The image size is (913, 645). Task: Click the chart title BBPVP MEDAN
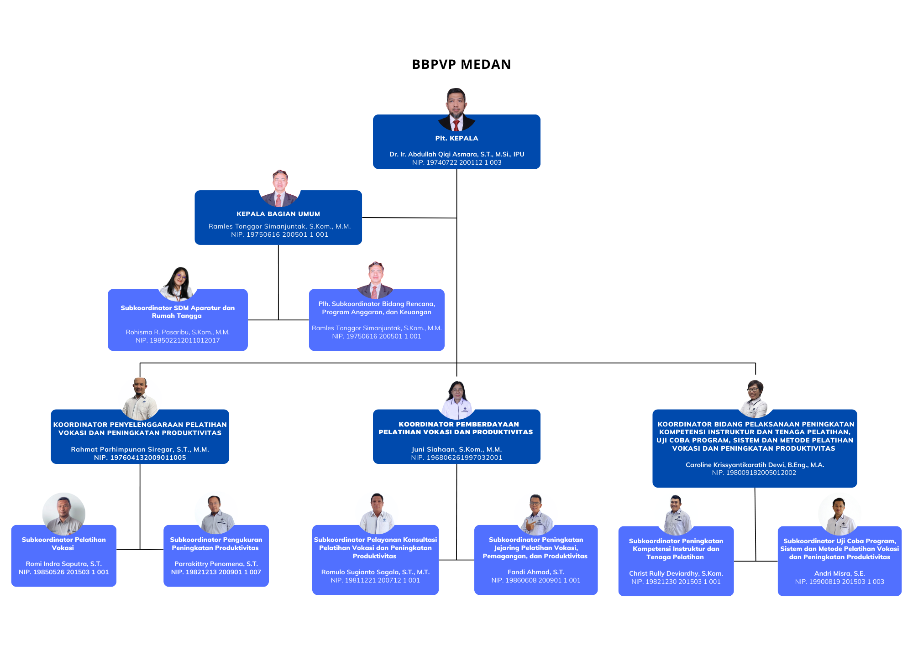point(461,64)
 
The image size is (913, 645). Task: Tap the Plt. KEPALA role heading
point(456,138)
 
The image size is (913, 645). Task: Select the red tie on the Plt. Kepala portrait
point(456,125)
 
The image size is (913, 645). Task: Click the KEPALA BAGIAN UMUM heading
point(278,214)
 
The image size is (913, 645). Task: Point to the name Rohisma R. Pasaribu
point(178,332)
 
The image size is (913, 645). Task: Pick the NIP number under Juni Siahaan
point(456,458)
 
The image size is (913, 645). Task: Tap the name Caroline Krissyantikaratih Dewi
point(755,465)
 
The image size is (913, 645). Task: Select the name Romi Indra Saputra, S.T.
point(63,564)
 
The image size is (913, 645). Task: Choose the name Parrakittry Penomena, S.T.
point(216,564)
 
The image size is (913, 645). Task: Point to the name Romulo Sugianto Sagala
point(375,572)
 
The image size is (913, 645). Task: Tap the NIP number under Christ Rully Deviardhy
point(676,582)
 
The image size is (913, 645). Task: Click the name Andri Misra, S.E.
point(839,573)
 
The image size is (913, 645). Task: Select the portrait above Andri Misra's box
point(839,516)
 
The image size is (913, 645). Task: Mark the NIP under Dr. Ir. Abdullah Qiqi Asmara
point(456,162)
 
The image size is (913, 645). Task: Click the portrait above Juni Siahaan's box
point(457,400)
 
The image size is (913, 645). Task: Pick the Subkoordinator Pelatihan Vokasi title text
point(63,544)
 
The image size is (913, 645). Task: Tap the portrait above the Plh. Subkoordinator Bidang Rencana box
point(375,280)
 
